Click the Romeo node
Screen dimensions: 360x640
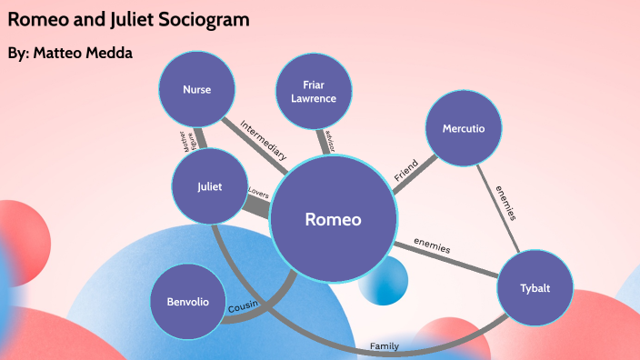coord(334,219)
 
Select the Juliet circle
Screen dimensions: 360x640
coord(210,187)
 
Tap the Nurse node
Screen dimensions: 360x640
coord(196,90)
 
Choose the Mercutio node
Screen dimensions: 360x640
coord(464,129)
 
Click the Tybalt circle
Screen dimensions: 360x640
coord(535,289)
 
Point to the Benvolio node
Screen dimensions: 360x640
coord(188,301)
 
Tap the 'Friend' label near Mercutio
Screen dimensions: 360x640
coord(405,170)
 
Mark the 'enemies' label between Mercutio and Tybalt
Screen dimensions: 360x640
coord(505,203)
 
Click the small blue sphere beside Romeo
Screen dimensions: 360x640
coord(382,281)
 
